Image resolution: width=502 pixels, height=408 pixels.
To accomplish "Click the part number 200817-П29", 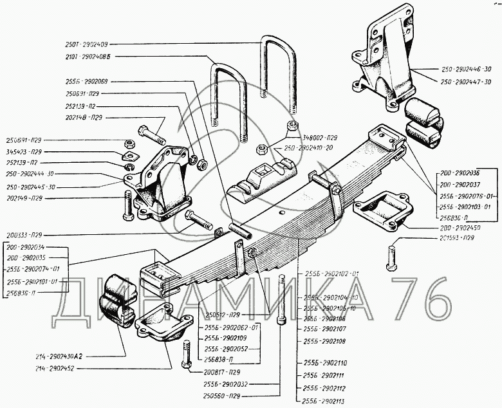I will (222, 373).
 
